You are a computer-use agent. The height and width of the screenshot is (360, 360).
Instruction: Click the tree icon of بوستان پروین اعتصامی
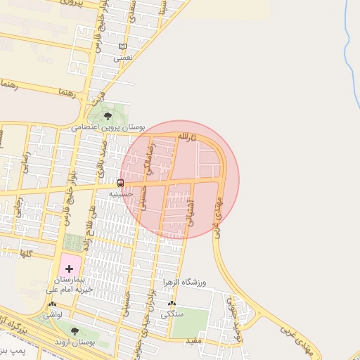click(x=108, y=116)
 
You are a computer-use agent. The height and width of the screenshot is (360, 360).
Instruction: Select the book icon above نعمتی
click(x=123, y=47)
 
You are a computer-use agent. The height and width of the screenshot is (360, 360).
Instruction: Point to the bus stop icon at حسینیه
click(x=120, y=183)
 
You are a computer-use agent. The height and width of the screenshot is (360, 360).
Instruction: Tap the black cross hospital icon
click(x=69, y=269)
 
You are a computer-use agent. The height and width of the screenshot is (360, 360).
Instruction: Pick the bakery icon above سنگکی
click(x=172, y=304)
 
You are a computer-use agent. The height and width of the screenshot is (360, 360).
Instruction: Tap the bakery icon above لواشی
click(x=53, y=304)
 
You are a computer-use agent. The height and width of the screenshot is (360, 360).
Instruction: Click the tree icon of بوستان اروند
click(x=75, y=330)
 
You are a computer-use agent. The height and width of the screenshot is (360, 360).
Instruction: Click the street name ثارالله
click(x=184, y=135)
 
